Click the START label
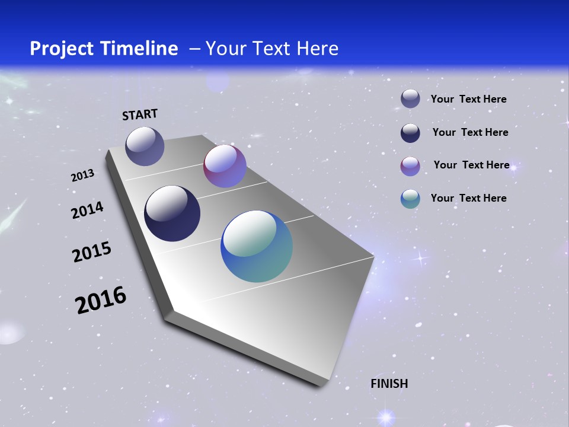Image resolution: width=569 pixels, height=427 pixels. [140, 114]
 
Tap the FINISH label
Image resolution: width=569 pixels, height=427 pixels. [389, 384]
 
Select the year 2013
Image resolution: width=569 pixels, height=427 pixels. [83, 176]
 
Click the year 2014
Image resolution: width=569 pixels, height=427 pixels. [87, 211]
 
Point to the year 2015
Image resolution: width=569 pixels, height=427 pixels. [92, 252]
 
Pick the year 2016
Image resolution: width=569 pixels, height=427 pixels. [101, 300]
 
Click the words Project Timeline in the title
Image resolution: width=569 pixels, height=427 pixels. [104, 49]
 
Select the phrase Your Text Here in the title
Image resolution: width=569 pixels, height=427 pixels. [272, 49]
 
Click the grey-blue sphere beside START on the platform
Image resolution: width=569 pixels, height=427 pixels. [145, 146]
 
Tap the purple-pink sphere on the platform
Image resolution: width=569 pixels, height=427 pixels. [225, 166]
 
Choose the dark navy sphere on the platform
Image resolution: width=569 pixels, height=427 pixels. [172, 213]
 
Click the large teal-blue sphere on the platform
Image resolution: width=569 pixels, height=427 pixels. [257, 246]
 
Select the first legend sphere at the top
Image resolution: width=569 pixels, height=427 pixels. [410, 99]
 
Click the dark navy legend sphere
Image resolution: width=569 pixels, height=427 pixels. [410, 133]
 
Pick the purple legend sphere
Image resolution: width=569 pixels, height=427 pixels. [410, 166]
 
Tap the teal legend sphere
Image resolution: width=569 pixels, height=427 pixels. [410, 199]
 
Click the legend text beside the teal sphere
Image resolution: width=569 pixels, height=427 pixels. [469, 198]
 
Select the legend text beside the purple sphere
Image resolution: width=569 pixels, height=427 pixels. [471, 165]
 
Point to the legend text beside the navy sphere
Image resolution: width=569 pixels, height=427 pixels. [470, 132]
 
